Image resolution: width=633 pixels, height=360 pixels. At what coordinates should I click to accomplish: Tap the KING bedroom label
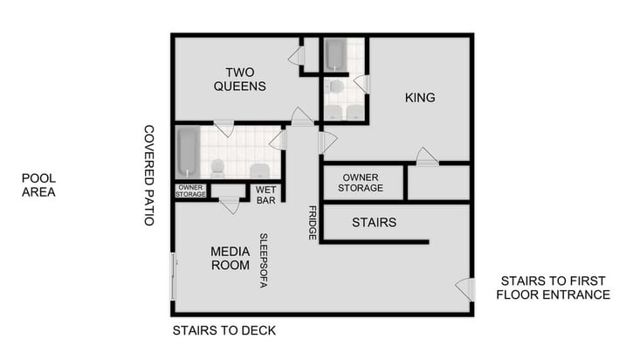(420, 97)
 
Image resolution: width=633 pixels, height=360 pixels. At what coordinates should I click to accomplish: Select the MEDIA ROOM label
(230, 258)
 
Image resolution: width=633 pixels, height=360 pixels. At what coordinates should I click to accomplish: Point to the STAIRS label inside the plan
(374, 223)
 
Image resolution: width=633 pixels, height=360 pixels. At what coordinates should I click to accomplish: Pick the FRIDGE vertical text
(312, 223)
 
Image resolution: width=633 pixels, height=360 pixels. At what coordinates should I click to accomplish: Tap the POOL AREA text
(38, 184)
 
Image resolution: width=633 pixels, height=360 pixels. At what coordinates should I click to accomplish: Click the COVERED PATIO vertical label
(149, 175)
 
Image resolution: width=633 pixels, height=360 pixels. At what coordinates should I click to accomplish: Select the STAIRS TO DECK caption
(224, 330)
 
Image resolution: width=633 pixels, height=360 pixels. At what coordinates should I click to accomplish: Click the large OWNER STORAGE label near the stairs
(362, 183)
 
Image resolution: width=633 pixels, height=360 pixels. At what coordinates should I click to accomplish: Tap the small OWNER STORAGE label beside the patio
(190, 190)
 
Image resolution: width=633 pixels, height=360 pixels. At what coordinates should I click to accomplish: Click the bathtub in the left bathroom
(188, 150)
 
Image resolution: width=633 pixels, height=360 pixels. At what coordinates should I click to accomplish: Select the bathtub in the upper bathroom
(335, 54)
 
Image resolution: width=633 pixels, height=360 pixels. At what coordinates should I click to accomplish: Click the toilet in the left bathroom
(217, 167)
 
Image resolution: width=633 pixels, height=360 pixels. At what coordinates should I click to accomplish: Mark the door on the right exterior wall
(465, 289)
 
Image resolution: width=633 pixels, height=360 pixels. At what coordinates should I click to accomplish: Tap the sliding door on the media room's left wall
(175, 275)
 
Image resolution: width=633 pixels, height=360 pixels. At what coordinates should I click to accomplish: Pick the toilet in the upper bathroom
(336, 87)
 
